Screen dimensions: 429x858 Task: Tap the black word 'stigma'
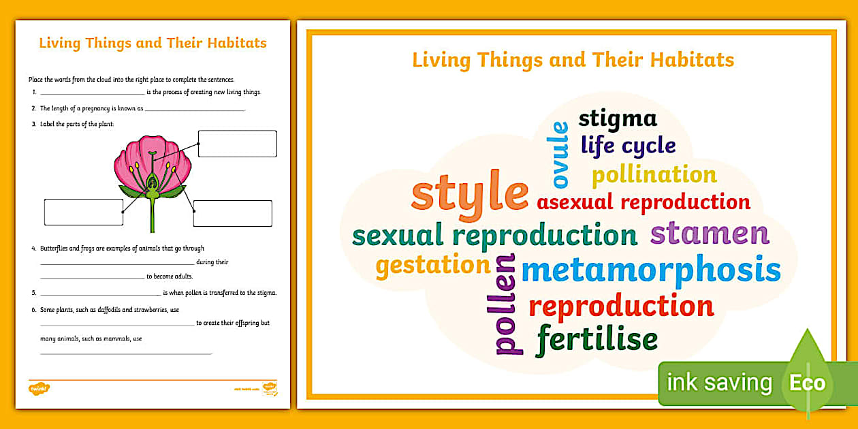618,118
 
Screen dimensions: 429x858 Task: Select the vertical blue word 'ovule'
560,153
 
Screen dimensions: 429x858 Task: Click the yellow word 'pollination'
654,175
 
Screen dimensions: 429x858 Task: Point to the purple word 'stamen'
710,233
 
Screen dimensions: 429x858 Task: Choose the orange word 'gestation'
432,266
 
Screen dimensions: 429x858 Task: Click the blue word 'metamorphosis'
650,270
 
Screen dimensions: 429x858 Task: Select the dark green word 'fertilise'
597,338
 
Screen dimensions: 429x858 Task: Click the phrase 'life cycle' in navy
628,145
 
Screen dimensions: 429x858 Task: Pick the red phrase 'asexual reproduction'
643,202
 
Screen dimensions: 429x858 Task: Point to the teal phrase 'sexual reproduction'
494,235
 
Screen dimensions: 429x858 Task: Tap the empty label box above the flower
237,144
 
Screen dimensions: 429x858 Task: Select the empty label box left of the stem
83,212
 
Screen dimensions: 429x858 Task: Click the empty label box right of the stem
232,213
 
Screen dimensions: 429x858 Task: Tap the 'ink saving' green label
719,383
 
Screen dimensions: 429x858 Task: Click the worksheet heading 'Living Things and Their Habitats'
153,44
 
